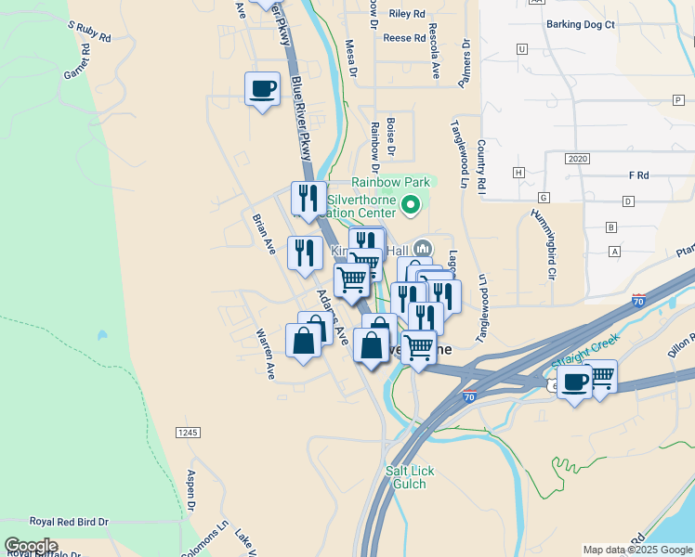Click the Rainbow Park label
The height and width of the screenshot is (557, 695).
tap(391, 183)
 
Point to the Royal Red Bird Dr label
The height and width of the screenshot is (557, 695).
tap(69, 523)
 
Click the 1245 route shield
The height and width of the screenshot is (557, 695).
tap(188, 433)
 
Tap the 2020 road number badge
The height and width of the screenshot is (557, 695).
tap(577, 160)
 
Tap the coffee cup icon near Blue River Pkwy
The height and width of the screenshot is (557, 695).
tap(261, 89)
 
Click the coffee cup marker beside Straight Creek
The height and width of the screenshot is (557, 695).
tap(575, 381)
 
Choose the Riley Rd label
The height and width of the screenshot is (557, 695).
tap(407, 14)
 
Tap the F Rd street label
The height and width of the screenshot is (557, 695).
tap(637, 175)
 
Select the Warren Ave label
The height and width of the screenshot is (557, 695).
tap(266, 353)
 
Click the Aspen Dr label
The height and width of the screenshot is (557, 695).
tap(191, 490)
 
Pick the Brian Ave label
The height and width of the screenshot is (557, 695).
tap(264, 234)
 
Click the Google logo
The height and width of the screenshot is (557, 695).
tap(31, 546)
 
